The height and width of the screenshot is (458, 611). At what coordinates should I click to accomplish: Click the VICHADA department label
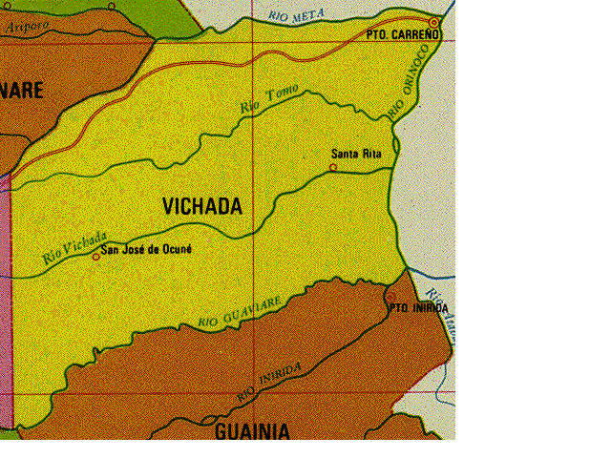(201, 206)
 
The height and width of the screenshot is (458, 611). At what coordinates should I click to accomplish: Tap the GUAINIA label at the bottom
(252, 431)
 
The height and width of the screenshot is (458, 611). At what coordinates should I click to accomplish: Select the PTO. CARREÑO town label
(403, 34)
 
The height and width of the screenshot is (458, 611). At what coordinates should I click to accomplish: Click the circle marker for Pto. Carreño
(434, 21)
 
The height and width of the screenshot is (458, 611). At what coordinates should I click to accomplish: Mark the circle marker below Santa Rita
(333, 168)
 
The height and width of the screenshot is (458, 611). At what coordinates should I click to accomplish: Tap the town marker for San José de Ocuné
(95, 256)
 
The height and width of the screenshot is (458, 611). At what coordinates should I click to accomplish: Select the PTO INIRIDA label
(418, 308)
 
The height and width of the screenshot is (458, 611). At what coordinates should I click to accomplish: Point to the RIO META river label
(297, 15)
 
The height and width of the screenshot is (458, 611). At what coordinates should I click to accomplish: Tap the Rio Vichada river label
(74, 249)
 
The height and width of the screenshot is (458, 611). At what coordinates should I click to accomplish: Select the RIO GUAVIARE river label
(240, 312)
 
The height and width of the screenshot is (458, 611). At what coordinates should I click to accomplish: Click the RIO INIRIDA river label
(270, 381)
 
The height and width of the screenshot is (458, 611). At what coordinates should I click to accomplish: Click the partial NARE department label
(22, 91)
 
